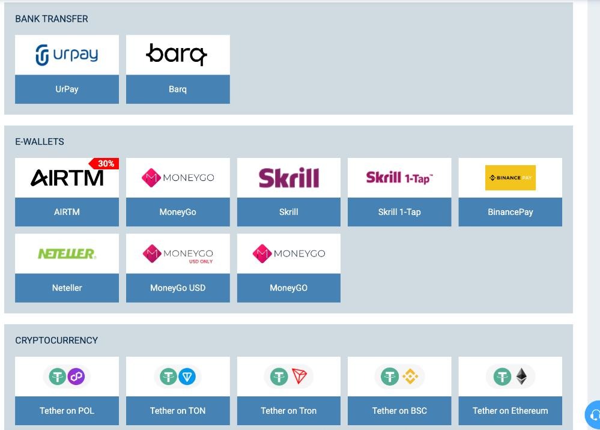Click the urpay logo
[x=67, y=55]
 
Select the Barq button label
[x=178, y=89]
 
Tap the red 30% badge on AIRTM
[x=104, y=163]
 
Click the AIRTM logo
[x=67, y=178]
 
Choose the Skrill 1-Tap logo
[x=399, y=178]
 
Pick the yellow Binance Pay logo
[x=511, y=178]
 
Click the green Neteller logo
[x=67, y=253]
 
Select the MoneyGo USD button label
[x=178, y=288]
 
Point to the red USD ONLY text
[x=201, y=262]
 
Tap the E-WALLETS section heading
[x=40, y=142]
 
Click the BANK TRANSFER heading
[x=52, y=19]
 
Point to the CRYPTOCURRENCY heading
[x=56, y=341]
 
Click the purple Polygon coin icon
[x=76, y=377]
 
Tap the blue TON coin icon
[x=187, y=377]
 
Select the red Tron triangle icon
[x=299, y=376]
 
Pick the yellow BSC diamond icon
[x=410, y=377]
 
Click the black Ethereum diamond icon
[x=521, y=377]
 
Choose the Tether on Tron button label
[x=288, y=411]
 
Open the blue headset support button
[x=593, y=415]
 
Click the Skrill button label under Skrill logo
[x=288, y=212]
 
